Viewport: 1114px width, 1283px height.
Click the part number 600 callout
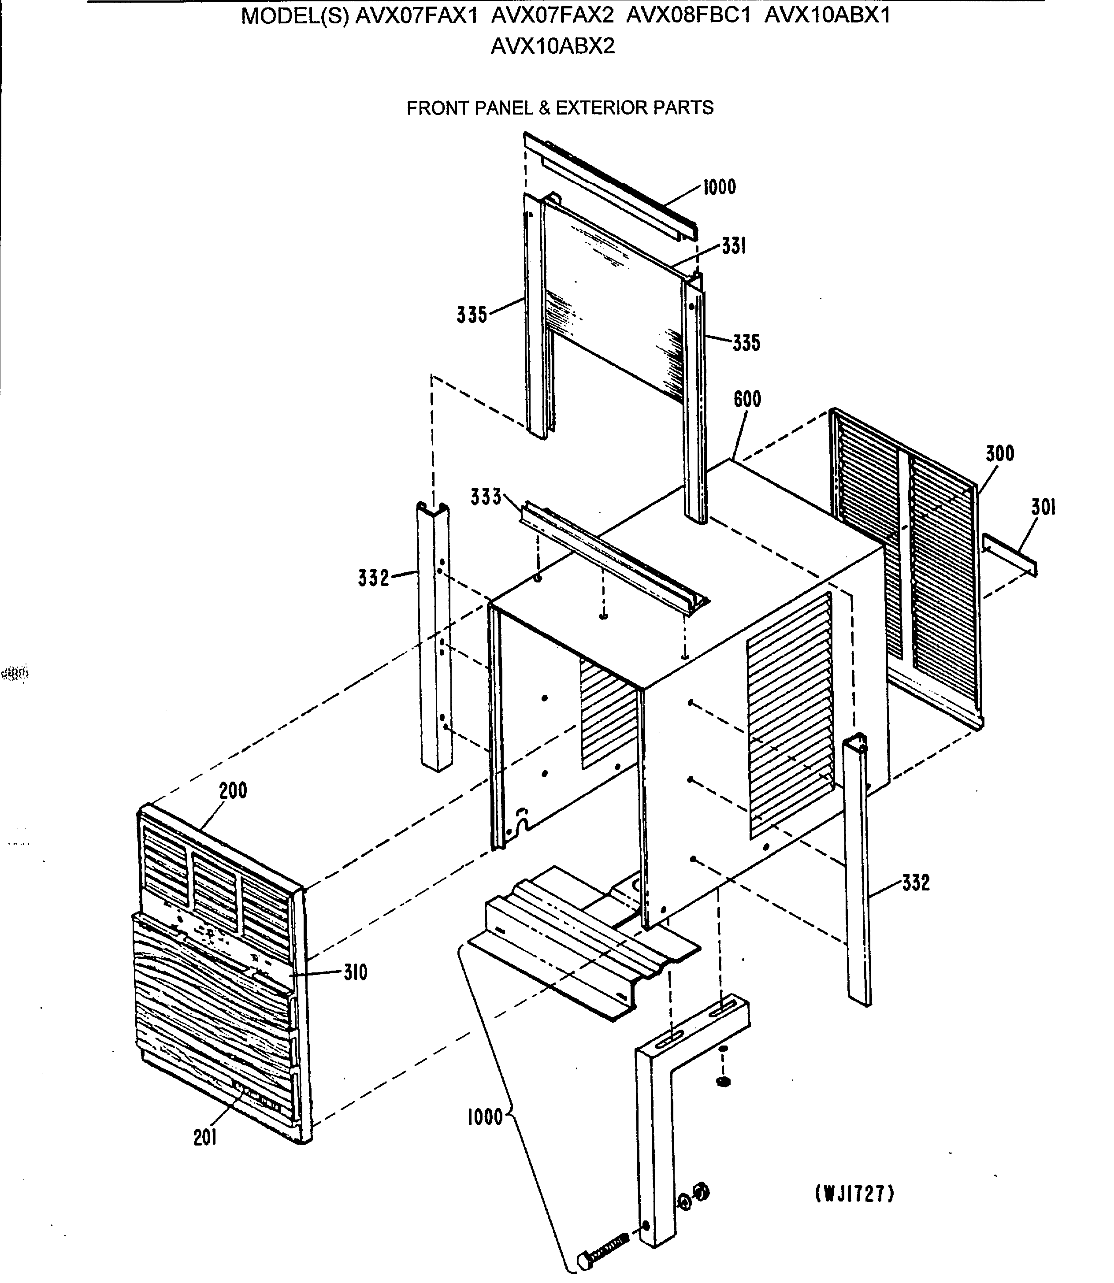(x=747, y=399)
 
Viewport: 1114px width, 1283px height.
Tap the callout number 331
(x=734, y=246)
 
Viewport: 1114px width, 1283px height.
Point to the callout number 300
(x=999, y=453)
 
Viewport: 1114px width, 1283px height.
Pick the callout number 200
(x=233, y=791)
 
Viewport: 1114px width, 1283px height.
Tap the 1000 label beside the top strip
(x=719, y=187)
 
